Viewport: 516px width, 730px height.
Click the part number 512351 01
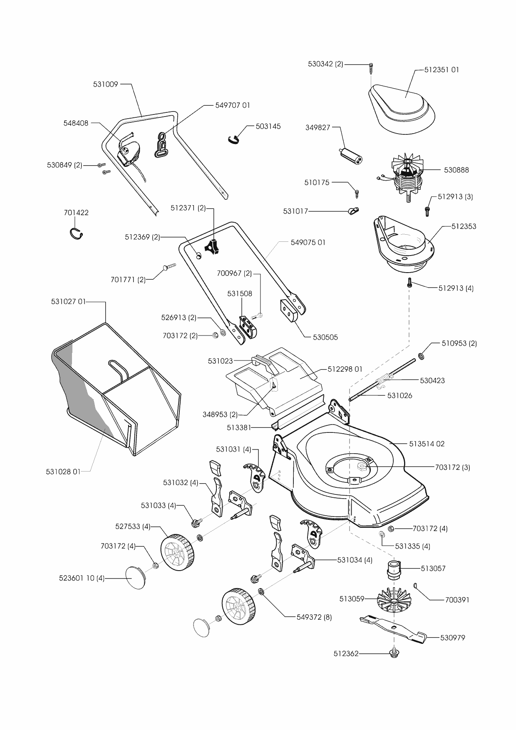(442, 70)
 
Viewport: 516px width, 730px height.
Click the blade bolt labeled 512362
(392, 654)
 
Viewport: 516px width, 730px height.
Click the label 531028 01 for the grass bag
(63, 472)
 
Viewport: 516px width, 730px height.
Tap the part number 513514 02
(427, 444)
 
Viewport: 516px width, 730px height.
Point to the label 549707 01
(233, 105)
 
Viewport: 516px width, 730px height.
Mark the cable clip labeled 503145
(235, 138)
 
